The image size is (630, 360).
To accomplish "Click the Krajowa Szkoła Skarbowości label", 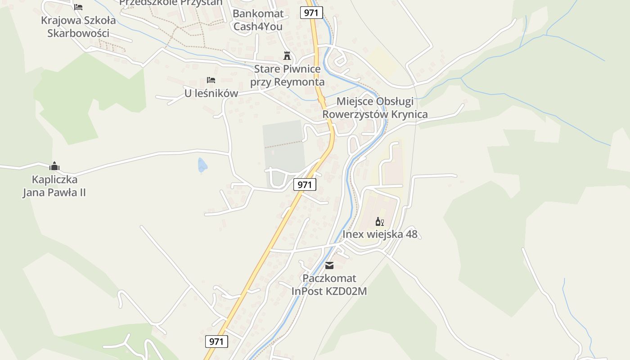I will [78, 27].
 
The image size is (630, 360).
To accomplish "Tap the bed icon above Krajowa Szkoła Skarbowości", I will [78, 7].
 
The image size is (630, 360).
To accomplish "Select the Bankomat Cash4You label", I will [258, 20].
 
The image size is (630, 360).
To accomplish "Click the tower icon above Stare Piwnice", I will [287, 56].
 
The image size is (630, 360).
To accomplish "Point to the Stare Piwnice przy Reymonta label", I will [287, 76].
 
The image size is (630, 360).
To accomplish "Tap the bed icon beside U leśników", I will [211, 80].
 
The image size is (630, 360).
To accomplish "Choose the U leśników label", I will [211, 94].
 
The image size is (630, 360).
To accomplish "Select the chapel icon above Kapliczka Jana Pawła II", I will [54, 166].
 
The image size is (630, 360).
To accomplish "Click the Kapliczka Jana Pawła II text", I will [54, 186].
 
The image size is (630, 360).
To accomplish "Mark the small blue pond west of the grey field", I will [202, 165].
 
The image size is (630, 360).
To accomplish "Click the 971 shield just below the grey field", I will [305, 184].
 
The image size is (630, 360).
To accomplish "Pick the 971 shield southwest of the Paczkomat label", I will [216, 342].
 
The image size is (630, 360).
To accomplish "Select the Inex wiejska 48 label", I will [380, 234].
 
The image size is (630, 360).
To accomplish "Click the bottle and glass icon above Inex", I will [380, 221].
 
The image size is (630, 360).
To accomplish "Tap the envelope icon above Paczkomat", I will [329, 265].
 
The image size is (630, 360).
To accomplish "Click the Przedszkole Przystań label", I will [171, 2].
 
